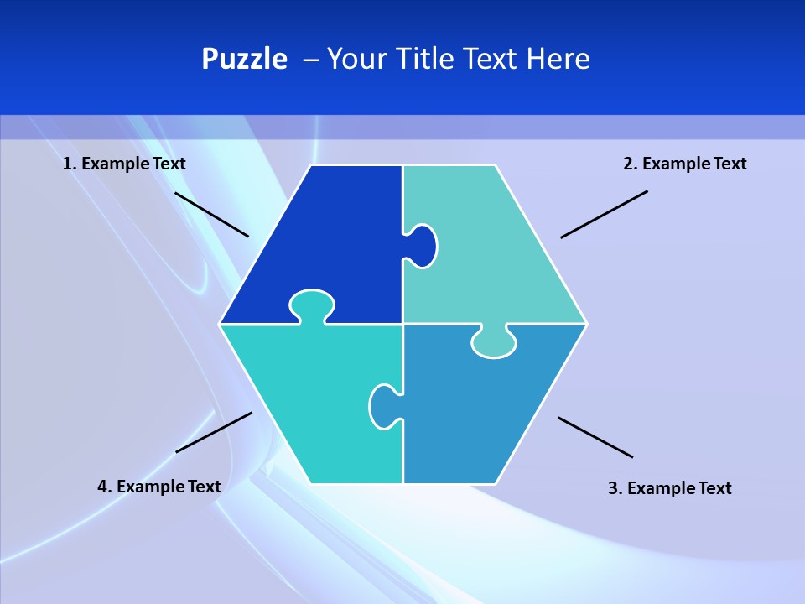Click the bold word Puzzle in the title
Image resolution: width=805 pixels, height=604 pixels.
coord(244,60)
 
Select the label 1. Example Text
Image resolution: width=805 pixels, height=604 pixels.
coord(124,164)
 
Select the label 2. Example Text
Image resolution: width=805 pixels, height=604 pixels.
coord(684,164)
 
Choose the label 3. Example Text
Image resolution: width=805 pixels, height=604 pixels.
coord(669,488)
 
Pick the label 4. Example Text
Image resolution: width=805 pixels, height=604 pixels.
coord(159,487)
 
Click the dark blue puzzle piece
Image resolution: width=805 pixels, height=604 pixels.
coord(327,235)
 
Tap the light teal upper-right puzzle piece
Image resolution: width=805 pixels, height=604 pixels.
coord(495,252)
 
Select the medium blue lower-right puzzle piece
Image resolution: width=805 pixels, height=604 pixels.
coord(478,411)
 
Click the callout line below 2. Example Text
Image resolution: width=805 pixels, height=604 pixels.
coord(604,214)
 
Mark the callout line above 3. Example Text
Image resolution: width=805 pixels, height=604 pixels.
coord(595,437)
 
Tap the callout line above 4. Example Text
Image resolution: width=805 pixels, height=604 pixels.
coord(214,432)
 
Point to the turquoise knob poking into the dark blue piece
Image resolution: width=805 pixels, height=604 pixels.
coord(312,304)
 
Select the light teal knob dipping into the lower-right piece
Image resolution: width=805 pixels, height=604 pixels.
coord(494,342)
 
